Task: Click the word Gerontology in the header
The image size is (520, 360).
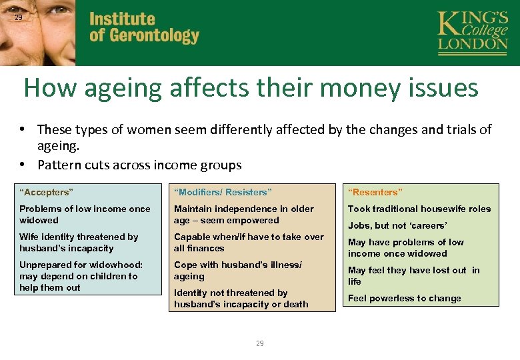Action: [155, 35]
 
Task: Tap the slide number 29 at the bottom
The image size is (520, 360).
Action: [259, 343]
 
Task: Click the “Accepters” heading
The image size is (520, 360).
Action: [46, 193]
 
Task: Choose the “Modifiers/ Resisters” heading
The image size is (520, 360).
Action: [223, 193]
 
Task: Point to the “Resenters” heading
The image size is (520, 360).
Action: [375, 193]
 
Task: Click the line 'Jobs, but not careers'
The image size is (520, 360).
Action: [397, 225]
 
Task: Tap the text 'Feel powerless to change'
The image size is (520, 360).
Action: [404, 298]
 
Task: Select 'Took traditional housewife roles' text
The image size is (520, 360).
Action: [419, 209]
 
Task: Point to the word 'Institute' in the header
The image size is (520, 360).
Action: [122, 19]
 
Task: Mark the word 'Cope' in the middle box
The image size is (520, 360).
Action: [186, 265]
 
